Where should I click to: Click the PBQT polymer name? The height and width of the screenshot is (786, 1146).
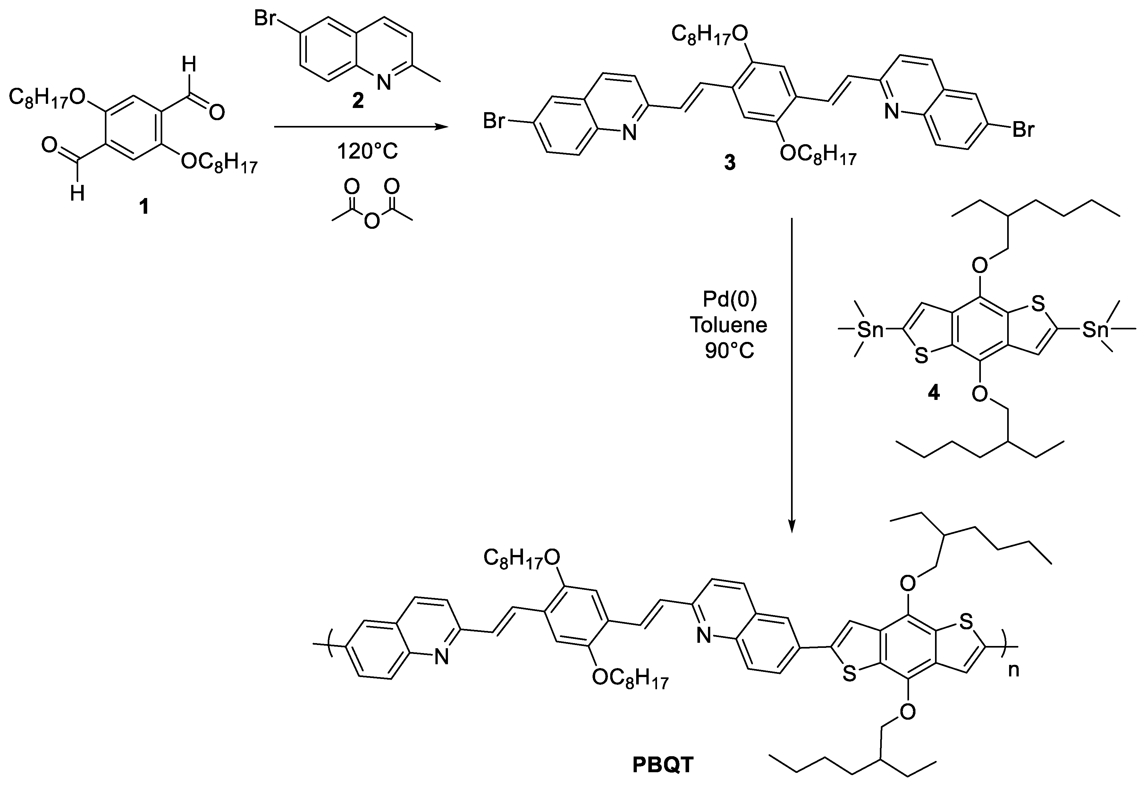click(x=663, y=765)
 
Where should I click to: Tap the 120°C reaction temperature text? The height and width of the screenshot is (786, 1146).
click(x=367, y=151)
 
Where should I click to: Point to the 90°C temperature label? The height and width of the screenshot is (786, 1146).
click(x=729, y=351)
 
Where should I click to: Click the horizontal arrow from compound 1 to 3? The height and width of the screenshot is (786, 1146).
click(x=360, y=127)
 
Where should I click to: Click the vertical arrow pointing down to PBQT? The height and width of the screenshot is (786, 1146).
click(x=791, y=375)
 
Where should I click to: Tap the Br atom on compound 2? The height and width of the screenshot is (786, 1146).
click(x=266, y=18)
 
